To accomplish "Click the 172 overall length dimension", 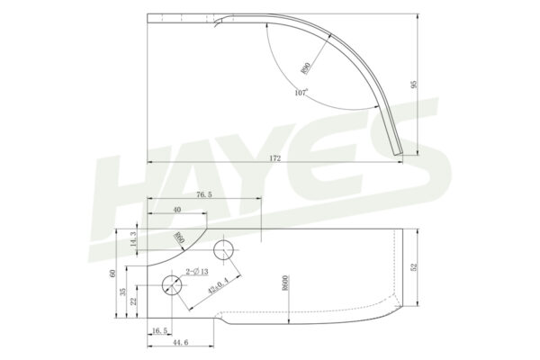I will click(274, 157).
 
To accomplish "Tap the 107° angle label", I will click(301, 92).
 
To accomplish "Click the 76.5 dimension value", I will click(203, 193).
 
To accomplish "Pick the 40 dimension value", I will click(176, 210).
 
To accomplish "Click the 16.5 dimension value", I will click(159, 331).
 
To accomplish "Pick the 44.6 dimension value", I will click(180, 342).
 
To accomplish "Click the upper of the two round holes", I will click(224, 248).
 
